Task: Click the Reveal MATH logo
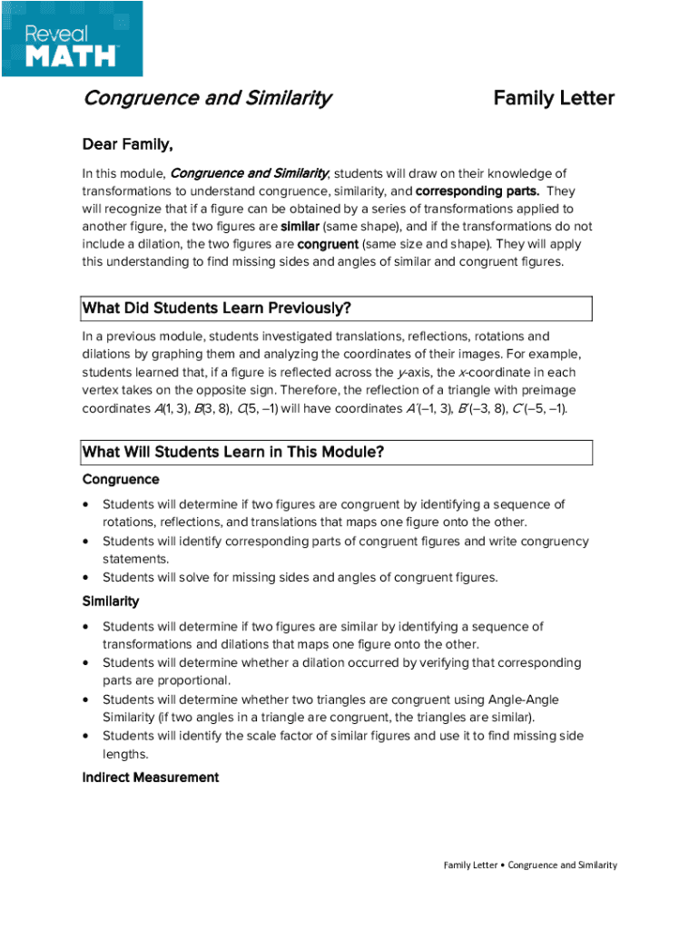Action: (72, 38)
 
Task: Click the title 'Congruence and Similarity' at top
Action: (207, 98)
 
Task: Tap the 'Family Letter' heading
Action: (554, 98)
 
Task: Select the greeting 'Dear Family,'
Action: (127, 144)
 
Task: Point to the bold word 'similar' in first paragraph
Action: (300, 227)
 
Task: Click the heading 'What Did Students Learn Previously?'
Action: (217, 308)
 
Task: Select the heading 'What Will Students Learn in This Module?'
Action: (233, 452)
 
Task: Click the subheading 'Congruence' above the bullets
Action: (121, 479)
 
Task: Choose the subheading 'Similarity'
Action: (111, 601)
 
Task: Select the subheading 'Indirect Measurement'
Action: (151, 777)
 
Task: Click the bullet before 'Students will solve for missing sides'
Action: (86, 578)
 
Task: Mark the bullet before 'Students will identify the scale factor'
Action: (86, 737)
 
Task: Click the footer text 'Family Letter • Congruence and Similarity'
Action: (530, 865)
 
